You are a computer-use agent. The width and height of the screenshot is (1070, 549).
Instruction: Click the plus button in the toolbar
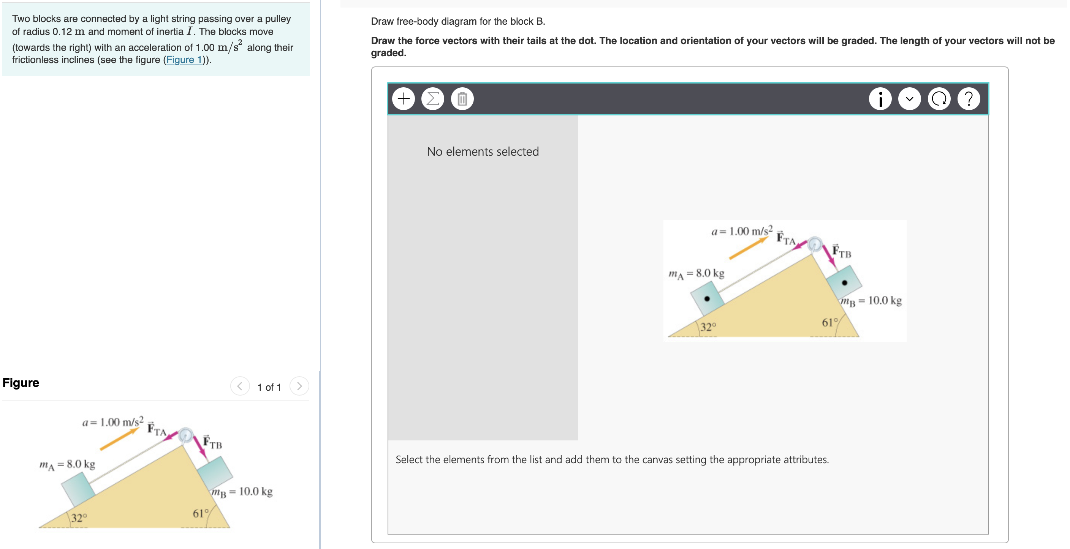tap(403, 99)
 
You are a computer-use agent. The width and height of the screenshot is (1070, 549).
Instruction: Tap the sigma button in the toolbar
tap(433, 99)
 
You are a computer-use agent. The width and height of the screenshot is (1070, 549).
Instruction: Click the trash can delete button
tap(462, 99)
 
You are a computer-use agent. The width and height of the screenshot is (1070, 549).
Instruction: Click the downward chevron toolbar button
tap(909, 99)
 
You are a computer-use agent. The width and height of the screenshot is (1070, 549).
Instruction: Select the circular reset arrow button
tap(939, 99)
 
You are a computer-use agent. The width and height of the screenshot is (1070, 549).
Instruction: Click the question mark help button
tap(969, 99)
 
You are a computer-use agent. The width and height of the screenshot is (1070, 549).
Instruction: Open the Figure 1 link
tap(184, 60)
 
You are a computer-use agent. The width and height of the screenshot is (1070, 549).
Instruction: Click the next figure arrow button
tap(299, 387)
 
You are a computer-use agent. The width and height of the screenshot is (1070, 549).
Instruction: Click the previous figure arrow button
tap(240, 387)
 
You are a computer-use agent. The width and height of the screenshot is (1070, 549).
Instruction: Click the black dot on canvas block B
tap(844, 282)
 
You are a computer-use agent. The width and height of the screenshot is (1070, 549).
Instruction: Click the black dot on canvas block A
tap(707, 298)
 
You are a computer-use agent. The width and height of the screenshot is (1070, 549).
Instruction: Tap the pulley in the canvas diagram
tap(815, 244)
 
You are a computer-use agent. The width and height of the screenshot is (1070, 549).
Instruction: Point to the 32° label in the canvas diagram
tap(708, 327)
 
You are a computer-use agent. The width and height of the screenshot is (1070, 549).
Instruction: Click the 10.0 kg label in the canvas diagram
tap(885, 300)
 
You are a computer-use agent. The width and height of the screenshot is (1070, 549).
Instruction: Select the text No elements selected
tap(483, 151)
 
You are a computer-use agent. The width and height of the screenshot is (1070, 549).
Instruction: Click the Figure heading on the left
tap(21, 382)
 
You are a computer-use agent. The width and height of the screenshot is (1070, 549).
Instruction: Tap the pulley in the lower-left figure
tap(185, 435)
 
